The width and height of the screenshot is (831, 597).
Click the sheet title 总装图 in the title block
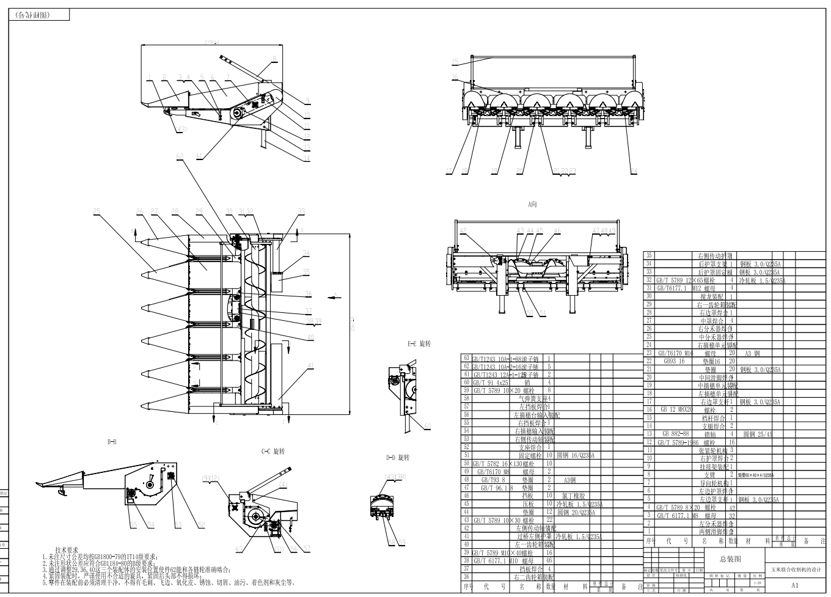tap(730, 559)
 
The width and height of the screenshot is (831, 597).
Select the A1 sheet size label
tap(794, 585)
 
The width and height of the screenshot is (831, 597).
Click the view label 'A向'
tap(532, 204)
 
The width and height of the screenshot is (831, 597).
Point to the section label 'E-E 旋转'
tap(419, 345)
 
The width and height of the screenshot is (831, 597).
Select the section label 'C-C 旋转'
tap(273, 452)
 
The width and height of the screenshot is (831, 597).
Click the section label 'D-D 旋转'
tap(398, 458)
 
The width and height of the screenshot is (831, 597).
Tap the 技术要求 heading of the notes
tap(67, 550)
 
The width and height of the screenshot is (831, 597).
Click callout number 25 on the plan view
tap(97, 211)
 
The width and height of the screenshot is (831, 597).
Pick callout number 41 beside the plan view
tap(310, 366)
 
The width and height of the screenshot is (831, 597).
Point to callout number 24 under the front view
tap(634, 170)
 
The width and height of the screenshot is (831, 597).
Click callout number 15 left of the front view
tap(455, 61)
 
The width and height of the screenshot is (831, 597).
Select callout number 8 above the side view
tap(274, 58)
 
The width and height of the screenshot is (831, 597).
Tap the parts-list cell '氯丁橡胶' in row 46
tap(574, 496)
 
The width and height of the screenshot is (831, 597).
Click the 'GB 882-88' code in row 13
tap(676, 434)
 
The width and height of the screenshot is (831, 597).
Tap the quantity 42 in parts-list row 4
tap(732, 507)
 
